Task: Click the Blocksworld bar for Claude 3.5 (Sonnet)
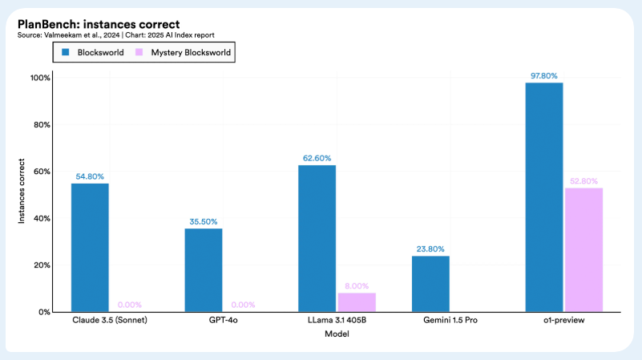[x=90, y=247]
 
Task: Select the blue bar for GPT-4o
[x=204, y=269]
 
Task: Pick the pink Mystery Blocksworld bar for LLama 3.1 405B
[x=357, y=302]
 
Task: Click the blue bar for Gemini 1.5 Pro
[x=430, y=284]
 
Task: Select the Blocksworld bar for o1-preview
[x=544, y=196]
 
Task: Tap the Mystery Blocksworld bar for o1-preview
[x=583, y=249]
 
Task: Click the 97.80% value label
[x=544, y=75]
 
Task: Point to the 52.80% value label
[x=583, y=181]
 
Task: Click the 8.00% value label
[x=357, y=285]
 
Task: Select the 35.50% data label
[x=204, y=221]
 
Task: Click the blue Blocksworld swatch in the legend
[x=66, y=52]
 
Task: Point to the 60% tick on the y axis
[x=41, y=172]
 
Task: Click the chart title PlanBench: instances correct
[x=98, y=24]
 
